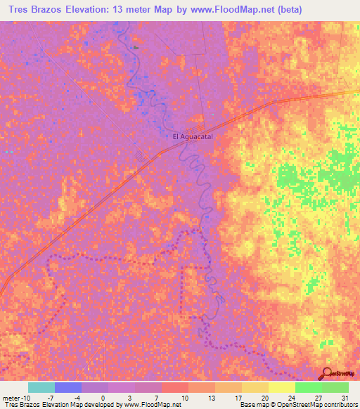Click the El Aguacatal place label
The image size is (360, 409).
pyautogui.click(x=192, y=137)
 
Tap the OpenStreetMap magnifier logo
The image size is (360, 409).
pyautogui.click(x=327, y=375)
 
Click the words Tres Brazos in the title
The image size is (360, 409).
pyautogui.click(x=31, y=9)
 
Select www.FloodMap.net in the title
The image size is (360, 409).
pyautogui.click(x=233, y=9)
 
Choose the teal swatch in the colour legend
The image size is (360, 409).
pyautogui.click(x=41, y=387)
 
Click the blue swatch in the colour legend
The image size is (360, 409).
pyautogui.click(x=67, y=387)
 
